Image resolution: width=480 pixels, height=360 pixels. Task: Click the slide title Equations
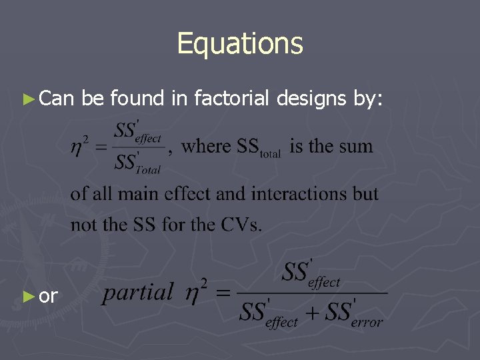click(240, 44)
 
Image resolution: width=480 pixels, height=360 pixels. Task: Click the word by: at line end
click(368, 99)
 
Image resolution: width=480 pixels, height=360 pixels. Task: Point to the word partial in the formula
click(138, 291)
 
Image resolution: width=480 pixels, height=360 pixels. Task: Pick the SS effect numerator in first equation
click(137, 131)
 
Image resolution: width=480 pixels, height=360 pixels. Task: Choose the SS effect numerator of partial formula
click(311, 274)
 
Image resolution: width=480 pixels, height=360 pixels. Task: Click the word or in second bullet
click(49, 297)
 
